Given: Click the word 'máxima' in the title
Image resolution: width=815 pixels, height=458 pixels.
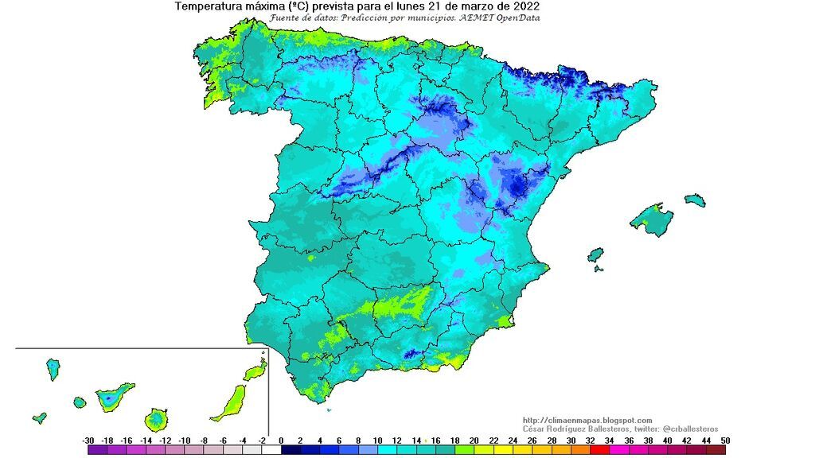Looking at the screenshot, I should pos(267,6).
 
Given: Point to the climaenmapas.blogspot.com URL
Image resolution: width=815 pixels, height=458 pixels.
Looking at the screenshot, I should pos(587,421).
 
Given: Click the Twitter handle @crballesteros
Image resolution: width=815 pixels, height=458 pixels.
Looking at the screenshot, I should pos(688,429).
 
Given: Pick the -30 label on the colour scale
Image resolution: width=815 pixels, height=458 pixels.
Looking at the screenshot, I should pos(88,441).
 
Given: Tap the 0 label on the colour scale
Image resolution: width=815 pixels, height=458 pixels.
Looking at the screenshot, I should pos(281,441).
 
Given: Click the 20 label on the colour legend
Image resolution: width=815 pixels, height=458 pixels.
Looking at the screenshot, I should pos(474,441).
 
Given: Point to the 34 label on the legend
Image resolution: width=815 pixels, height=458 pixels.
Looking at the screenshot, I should pos(609,441).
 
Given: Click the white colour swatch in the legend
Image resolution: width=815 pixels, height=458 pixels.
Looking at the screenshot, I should pos(271,450).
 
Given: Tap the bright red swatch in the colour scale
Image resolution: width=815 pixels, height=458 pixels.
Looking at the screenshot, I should pos(599,450).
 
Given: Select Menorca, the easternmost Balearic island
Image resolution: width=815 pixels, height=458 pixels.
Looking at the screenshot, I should pos(695,199).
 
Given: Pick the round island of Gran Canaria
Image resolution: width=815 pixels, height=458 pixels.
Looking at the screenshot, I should pos(156,418).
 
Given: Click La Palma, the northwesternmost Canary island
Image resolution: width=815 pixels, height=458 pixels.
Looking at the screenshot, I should pos(53,368).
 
